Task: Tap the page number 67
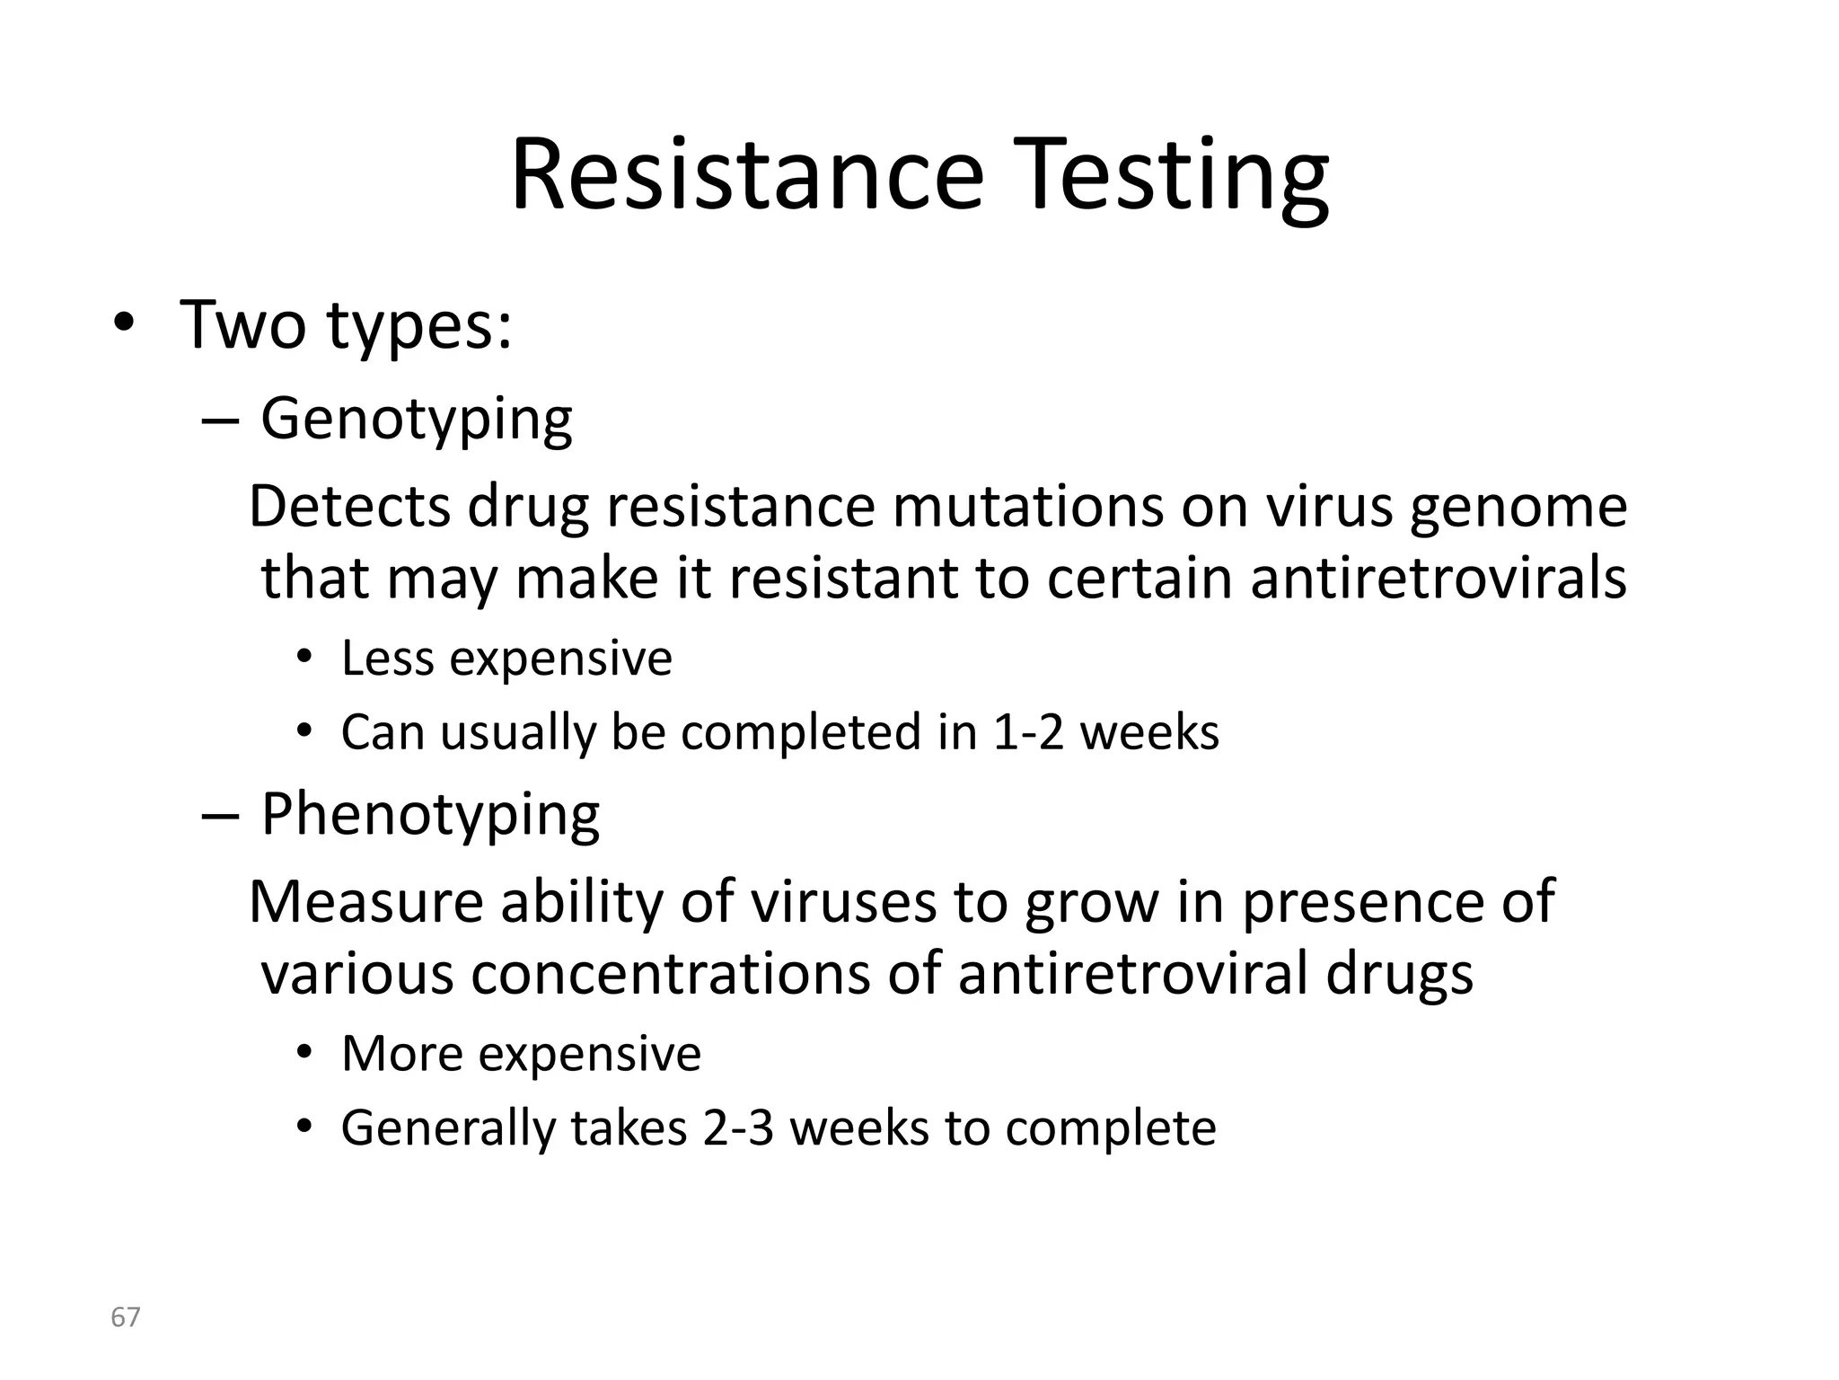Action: (x=125, y=1317)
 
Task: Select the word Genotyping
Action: (x=416, y=419)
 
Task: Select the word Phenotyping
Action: (x=430, y=815)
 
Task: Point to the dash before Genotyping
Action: (x=220, y=420)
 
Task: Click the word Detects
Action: (x=348, y=507)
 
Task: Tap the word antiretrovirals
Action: (x=1438, y=578)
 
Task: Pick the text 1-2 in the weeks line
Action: (x=1027, y=732)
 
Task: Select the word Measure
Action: (x=365, y=902)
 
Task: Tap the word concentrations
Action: (x=671, y=974)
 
